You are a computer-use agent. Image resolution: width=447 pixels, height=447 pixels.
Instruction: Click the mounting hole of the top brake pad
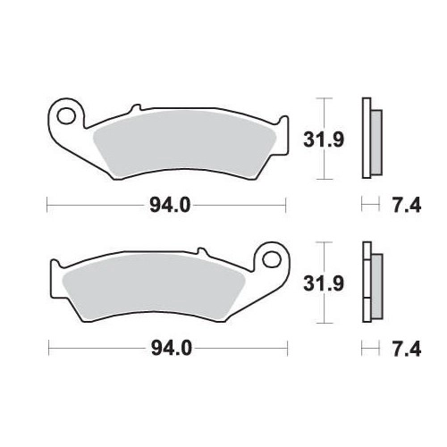click(x=66, y=116)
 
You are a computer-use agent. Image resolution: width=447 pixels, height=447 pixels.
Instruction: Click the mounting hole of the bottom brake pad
click(x=271, y=260)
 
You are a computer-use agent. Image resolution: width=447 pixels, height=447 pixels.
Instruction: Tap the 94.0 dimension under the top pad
click(x=170, y=206)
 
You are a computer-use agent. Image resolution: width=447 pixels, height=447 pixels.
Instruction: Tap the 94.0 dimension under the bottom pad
click(x=172, y=349)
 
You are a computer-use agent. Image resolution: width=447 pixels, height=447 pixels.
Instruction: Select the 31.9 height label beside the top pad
click(x=324, y=139)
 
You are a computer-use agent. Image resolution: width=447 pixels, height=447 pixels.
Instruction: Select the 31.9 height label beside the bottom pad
click(x=324, y=283)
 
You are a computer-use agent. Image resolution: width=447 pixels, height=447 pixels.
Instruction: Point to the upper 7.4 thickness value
click(x=407, y=206)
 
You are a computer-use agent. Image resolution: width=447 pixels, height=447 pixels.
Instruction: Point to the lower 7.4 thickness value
click(x=407, y=349)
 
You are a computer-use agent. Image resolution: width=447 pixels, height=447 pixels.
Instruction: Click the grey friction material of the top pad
click(x=184, y=143)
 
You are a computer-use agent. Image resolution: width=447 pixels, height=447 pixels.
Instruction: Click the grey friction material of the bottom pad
click(x=154, y=287)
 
